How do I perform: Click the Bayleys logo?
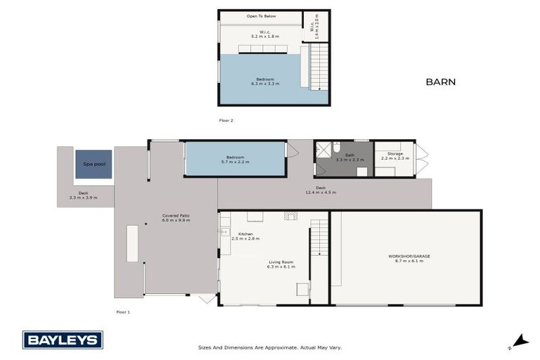click(x=63, y=340)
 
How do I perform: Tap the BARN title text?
click(x=440, y=82)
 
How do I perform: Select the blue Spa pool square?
click(x=94, y=165)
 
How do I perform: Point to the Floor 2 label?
click(x=226, y=120)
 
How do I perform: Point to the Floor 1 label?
click(x=123, y=311)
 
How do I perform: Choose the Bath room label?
click(x=349, y=155)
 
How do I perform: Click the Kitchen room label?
click(x=245, y=234)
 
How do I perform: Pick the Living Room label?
click(x=281, y=262)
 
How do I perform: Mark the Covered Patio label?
click(x=176, y=216)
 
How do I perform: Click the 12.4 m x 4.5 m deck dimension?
click(x=321, y=193)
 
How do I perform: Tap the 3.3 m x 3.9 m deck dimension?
click(x=83, y=198)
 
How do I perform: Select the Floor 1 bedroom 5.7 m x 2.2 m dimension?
click(x=234, y=162)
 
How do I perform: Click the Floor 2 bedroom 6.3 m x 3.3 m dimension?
click(x=265, y=84)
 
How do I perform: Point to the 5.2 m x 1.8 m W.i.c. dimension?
click(x=265, y=35)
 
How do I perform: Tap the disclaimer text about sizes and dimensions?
click(x=270, y=347)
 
